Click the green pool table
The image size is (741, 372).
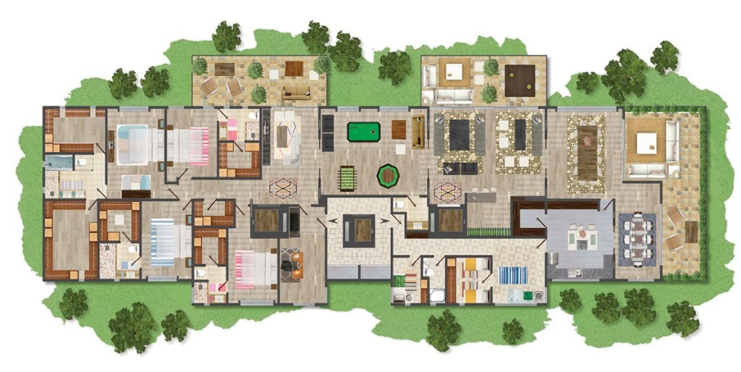363,132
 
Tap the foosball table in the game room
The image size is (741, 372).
350,177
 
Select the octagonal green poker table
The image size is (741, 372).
389,174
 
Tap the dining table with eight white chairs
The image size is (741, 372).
639,237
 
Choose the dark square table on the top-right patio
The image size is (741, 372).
520,77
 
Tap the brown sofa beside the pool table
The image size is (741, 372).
417,130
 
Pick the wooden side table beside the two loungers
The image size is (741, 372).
691,232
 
